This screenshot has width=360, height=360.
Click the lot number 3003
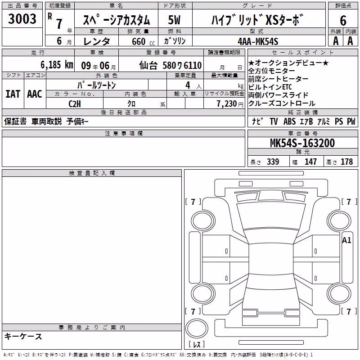click(x=22, y=19)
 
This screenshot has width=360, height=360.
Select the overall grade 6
click(x=343, y=20)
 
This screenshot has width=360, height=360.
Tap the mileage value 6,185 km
click(x=57, y=65)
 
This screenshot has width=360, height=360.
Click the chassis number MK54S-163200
click(x=302, y=143)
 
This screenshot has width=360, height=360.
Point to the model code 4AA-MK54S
click(x=258, y=41)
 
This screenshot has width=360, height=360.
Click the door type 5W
click(x=174, y=20)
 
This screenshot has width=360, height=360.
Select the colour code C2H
click(x=75, y=104)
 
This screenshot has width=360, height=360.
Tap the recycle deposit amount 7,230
click(x=227, y=104)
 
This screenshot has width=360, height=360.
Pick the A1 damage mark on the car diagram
click(x=346, y=240)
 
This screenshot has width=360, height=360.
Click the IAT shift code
click(x=13, y=94)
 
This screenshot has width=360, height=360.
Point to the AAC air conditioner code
click(x=35, y=94)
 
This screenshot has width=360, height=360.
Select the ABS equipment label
click(x=289, y=121)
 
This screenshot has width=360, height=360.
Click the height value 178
click(x=346, y=162)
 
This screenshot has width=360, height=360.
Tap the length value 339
click(x=273, y=162)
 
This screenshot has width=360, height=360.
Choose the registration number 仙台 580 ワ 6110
click(x=171, y=65)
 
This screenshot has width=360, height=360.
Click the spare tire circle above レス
click(x=197, y=328)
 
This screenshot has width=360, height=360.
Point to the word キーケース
click(x=23, y=336)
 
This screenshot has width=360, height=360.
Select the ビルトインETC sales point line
click(x=270, y=87)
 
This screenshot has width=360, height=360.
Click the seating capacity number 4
click(x=188, y=85)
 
